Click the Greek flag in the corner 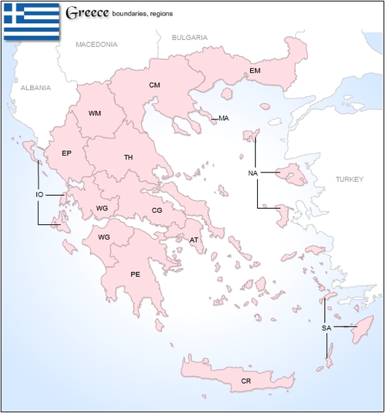click(x=32, y=21)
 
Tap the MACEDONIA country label click(x=97, y=45)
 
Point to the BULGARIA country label click(x=189, y=37)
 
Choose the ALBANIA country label click(x=35, y=88)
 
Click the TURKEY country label click(x=348, y=179)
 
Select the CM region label click(x=155, y=85)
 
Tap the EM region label click(x=255, y=72)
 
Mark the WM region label click(x=95, y=113)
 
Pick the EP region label click(x=67, y=153)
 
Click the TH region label click(x=129, y=157)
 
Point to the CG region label click(x=156, y=210)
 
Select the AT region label click(x=194, y=240)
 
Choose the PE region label click(x=136, y=274)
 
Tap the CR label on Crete click(x=246, y=381)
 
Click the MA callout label click(x=224, y=119)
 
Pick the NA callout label click(x=253, y=173)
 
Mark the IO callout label click(x=39, y=195)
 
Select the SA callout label click(x=326, y=328)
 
